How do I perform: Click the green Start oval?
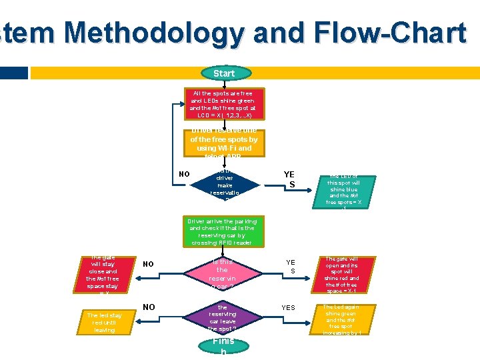[x=224, y=73]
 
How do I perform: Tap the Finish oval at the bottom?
[x=224, y=347]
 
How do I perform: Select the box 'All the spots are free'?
[x=224, y=104]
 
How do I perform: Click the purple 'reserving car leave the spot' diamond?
[x=224, y=319]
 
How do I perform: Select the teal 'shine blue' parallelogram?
[x=343, y=192]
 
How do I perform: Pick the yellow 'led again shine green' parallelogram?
[x=342, y=319]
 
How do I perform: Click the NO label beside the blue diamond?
[x=185, y=175]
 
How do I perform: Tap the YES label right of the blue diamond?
[x=289, y=179]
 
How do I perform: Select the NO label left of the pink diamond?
[x=147, y=265]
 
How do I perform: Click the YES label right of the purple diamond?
[x=288, y=307]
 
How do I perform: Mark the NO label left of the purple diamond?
[x=149, y=307]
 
